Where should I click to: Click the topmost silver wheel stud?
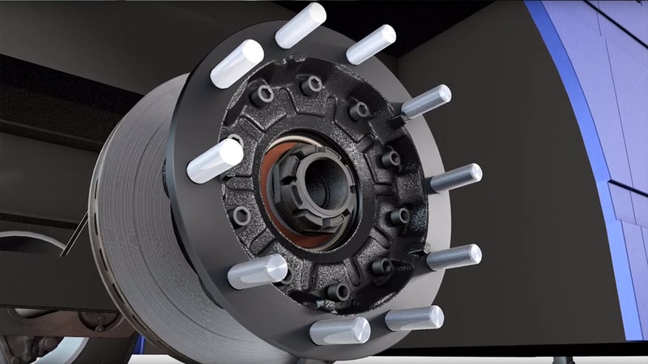click(301, 23)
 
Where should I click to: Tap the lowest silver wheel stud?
click(340, 331)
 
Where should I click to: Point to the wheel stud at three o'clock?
click(455, 177)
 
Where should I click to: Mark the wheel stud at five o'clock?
click(414, 318)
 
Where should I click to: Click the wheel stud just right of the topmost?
click(371, 44)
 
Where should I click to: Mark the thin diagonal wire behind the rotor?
click(75, 235)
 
